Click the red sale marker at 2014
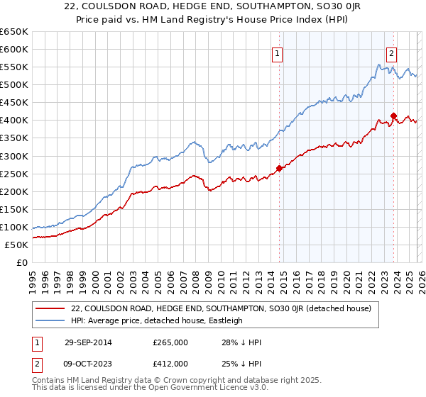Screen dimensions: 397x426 coord(280,168)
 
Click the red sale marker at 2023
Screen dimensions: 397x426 coord(393,116)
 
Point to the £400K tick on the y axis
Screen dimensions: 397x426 coord(14,121)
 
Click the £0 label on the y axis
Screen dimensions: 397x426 coord(21,262)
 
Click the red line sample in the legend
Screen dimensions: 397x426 coord(50,308)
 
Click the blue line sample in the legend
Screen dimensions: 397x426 coord(50,320)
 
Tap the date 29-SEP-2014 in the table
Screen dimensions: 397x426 coord(91,342)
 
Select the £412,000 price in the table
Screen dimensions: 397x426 coord(170,363)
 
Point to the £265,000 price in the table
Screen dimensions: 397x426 coord(170,342)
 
